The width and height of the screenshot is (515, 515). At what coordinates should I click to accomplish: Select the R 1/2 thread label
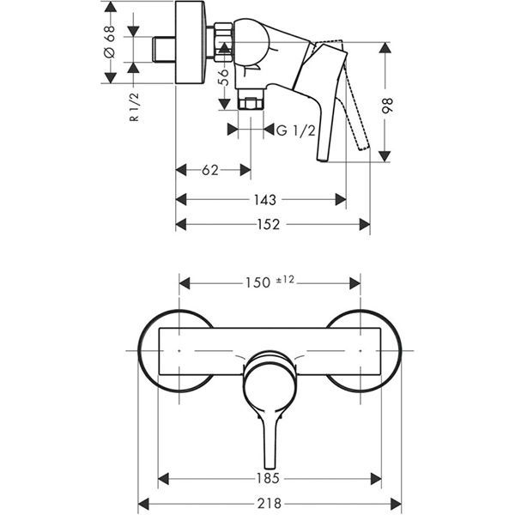point(134,108)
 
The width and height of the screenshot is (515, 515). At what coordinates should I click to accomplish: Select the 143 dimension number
point(266,200)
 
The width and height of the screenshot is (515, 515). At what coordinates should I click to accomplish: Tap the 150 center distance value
point(258,281)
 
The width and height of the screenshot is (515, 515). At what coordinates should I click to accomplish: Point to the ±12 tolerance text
point(286,279)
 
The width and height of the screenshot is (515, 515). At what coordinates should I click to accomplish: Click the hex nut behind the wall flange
point(221,39)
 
